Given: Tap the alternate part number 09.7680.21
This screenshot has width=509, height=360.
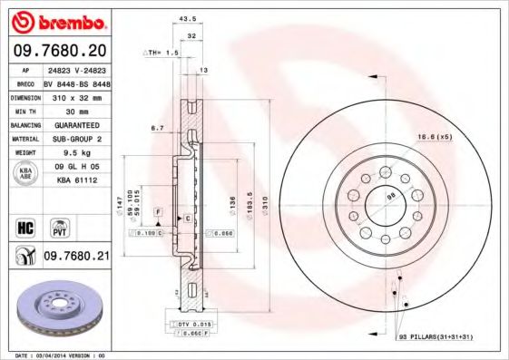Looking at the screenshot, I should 75,257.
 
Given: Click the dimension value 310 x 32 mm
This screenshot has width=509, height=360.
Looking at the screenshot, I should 76,94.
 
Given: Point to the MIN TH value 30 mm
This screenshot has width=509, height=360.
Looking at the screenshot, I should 76,109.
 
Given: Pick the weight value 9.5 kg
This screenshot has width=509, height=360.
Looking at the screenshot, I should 76,153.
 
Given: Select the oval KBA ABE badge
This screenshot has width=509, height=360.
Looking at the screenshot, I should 24,175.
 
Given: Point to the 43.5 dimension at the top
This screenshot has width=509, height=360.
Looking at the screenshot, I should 190,17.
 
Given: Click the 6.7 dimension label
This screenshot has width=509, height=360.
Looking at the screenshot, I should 157,129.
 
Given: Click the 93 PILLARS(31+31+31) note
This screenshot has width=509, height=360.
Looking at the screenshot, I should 435,336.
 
